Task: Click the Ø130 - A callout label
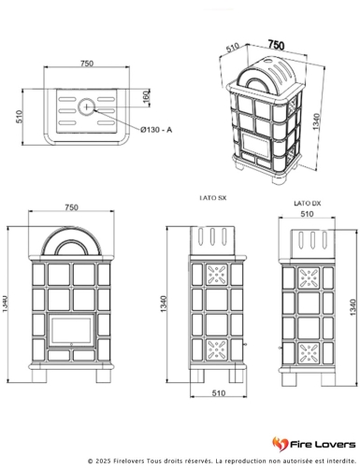pyautogui.click(x=156, y=129)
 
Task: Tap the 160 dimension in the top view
pyautogui.click(x=147, y=96)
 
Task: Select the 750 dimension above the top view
pyautogui.click(x=87, y=64)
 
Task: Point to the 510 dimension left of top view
pyautogui.click(x=20, y=117)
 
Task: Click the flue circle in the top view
pyautogui.click(x=86, y=106)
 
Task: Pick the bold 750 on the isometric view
pyautogui.click(x=276, y=45)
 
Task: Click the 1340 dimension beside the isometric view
pyautogui.click(x=316, y=121)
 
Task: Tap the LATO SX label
pyautogui.click(x=213, y=198)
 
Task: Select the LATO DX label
pyautogui.click(x=308, y=204)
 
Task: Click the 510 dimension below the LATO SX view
pyautogui.click(x=219, y=393)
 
